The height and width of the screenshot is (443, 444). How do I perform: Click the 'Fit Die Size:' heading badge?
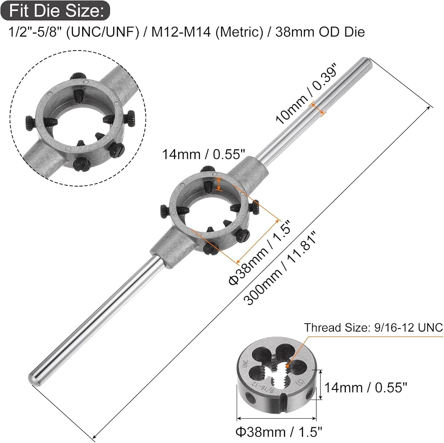click(x=55, y=11)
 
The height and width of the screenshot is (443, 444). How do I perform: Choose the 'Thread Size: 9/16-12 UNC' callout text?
click(x=373, y=328)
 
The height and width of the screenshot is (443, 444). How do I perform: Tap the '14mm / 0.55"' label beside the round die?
click(x=365, y=387)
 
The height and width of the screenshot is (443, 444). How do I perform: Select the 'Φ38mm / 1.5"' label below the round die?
click(x=279, y=432)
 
